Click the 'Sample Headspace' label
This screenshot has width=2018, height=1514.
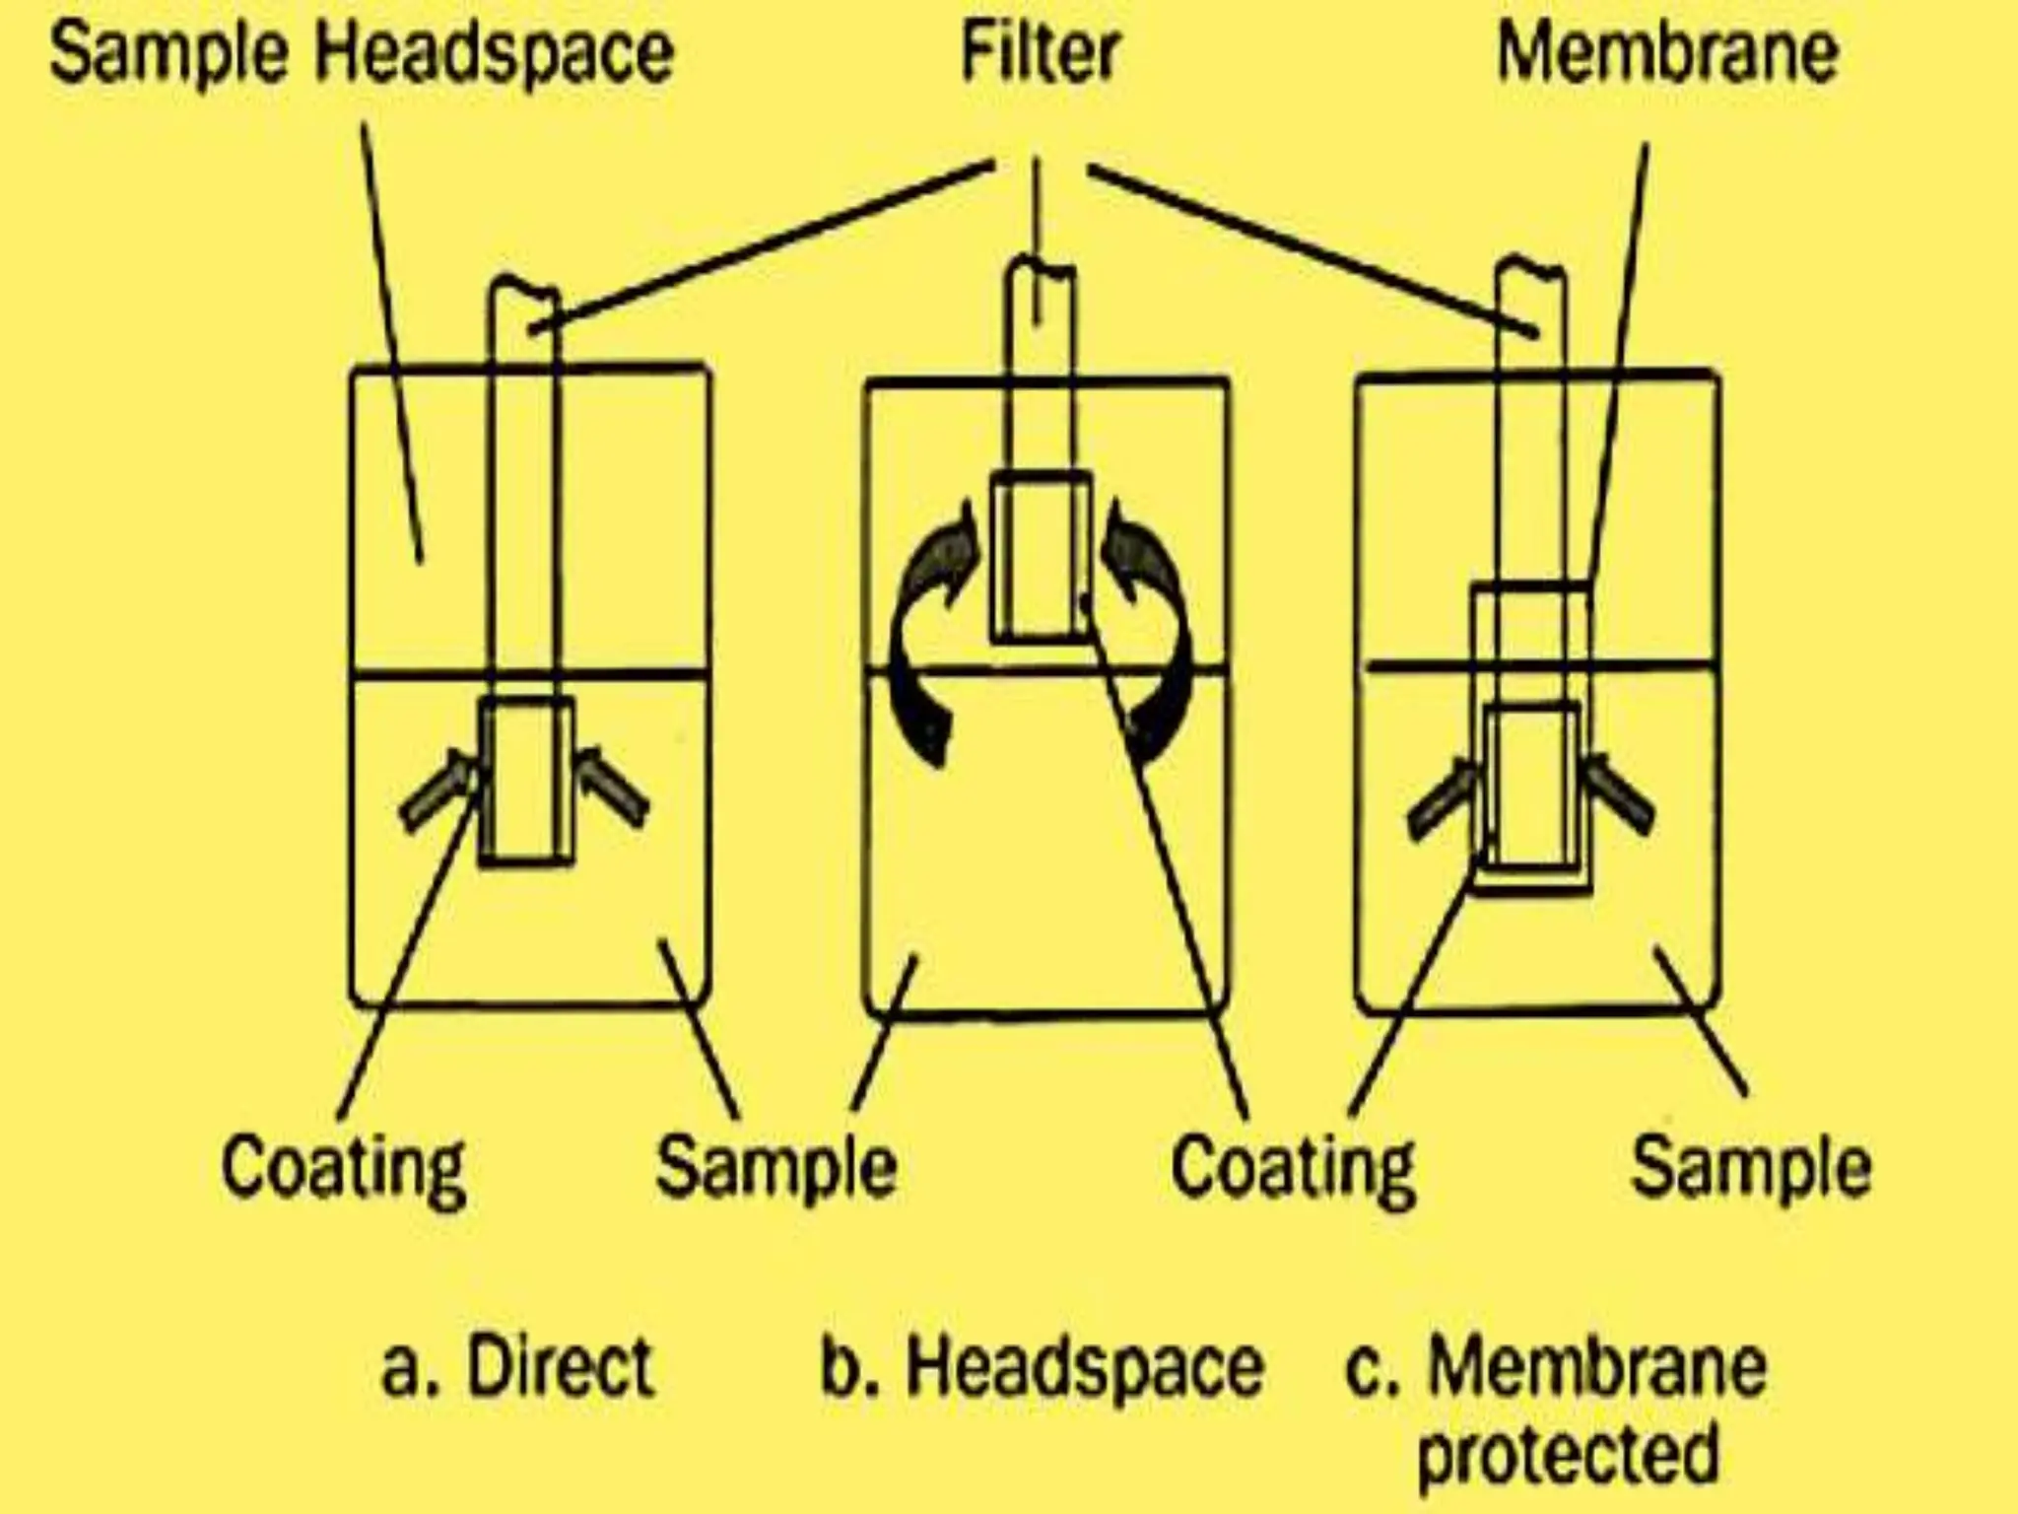pyautogui.click(x=362, y=53)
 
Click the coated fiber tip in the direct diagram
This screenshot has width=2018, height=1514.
pyautogui.click(x=525, y=782)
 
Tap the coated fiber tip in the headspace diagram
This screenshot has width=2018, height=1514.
pyautogui.click(x=1041, y=558)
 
